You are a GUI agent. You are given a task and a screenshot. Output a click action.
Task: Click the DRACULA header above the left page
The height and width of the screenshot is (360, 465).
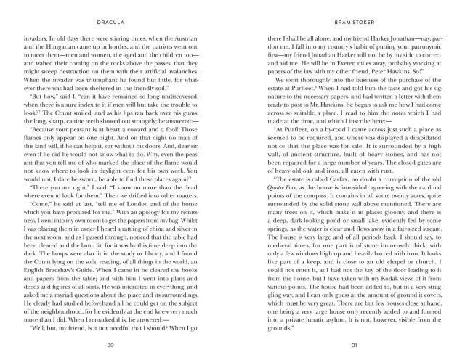click(116, 11)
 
